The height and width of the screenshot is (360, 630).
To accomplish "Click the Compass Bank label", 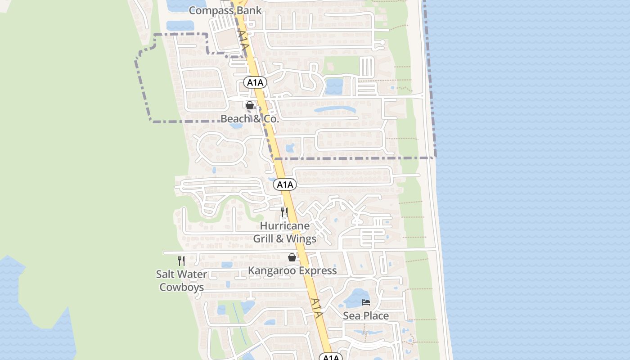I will (x=225, y=10).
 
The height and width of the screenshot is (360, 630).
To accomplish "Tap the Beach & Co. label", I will (x=250, y=119).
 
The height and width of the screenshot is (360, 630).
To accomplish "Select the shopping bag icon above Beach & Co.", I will (x=250, y=105).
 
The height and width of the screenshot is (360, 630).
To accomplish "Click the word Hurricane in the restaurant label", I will (x=285, y=226).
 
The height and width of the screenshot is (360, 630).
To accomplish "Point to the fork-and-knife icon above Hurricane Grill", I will (x=284, y=212).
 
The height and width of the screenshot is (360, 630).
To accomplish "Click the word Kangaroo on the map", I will (x=271, y=270).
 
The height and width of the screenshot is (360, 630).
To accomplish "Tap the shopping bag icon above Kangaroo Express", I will (x=292, y=257).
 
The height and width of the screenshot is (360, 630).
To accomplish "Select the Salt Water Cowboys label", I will (x=182, y=280).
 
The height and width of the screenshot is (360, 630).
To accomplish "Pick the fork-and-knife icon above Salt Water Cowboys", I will (x=181, y=261).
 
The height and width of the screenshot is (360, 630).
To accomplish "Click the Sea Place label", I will (x=366, y=316).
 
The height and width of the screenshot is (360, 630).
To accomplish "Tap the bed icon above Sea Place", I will (x=366, y=302).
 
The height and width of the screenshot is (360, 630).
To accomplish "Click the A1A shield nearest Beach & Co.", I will (x=256, y=82).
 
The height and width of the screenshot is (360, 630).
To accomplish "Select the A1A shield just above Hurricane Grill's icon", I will (x=285, y=184).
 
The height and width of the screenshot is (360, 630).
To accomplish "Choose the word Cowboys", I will (x=182, y=287).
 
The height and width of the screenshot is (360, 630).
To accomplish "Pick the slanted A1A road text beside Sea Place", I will (x=317, y=308).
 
